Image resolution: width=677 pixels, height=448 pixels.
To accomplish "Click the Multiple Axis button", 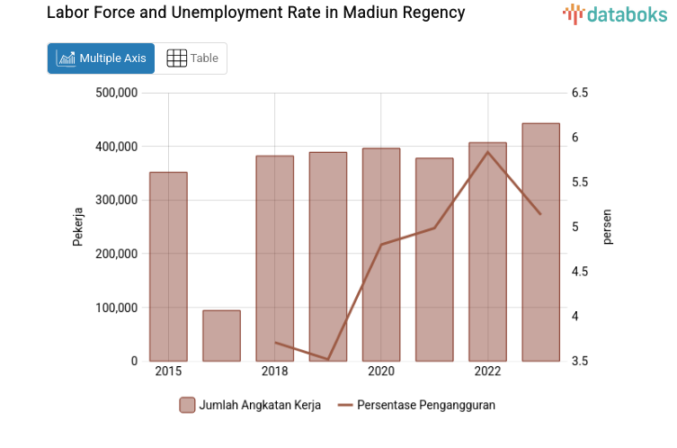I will [x=101, y=58].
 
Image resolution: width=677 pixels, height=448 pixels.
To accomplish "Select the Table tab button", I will [x=192, y=58].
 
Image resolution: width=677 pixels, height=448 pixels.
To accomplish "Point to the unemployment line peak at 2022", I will [x=487, y=152].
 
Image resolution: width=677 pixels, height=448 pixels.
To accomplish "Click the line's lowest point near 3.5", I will [x=328, y=359].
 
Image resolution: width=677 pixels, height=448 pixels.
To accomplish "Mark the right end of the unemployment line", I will [x=540, y=214].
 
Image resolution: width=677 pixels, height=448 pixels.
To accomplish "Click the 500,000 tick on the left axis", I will [x=116, y=93].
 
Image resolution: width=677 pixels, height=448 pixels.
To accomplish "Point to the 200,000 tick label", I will [x=116, y=254].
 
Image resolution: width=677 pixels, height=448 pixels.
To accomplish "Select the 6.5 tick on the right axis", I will [x=579, y=93].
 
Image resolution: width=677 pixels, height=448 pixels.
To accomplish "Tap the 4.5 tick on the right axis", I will [x=579, y=272].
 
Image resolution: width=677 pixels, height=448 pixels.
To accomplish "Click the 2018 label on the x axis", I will [x=275, y=372].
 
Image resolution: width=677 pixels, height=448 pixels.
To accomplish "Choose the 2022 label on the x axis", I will [x=487, y=372].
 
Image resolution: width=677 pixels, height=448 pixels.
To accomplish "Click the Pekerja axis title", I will [x=78, y=227].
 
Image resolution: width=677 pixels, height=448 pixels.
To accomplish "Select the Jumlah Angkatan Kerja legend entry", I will [x=250, y=405].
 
